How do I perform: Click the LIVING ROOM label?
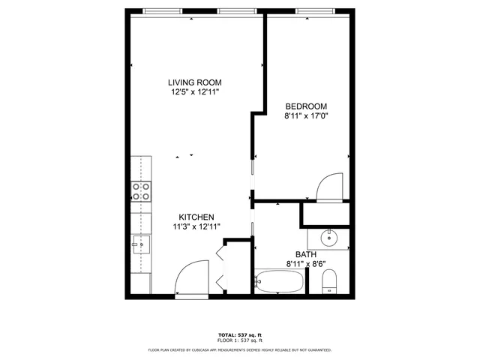194,82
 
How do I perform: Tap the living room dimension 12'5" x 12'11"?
194,92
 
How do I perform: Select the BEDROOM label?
306,106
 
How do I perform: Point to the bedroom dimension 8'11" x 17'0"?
306,116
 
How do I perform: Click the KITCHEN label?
196,217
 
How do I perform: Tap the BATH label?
306,254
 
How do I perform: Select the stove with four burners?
141,192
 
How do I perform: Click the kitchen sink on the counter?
141,244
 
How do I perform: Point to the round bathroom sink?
331,238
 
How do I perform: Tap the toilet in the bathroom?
330,282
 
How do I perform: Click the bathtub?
279,283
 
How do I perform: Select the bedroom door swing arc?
330,187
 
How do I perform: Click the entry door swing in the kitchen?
190,277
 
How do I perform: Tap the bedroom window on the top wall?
315,11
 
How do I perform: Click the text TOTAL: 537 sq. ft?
239,334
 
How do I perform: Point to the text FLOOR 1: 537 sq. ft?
239,341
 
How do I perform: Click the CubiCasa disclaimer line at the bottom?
239,349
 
